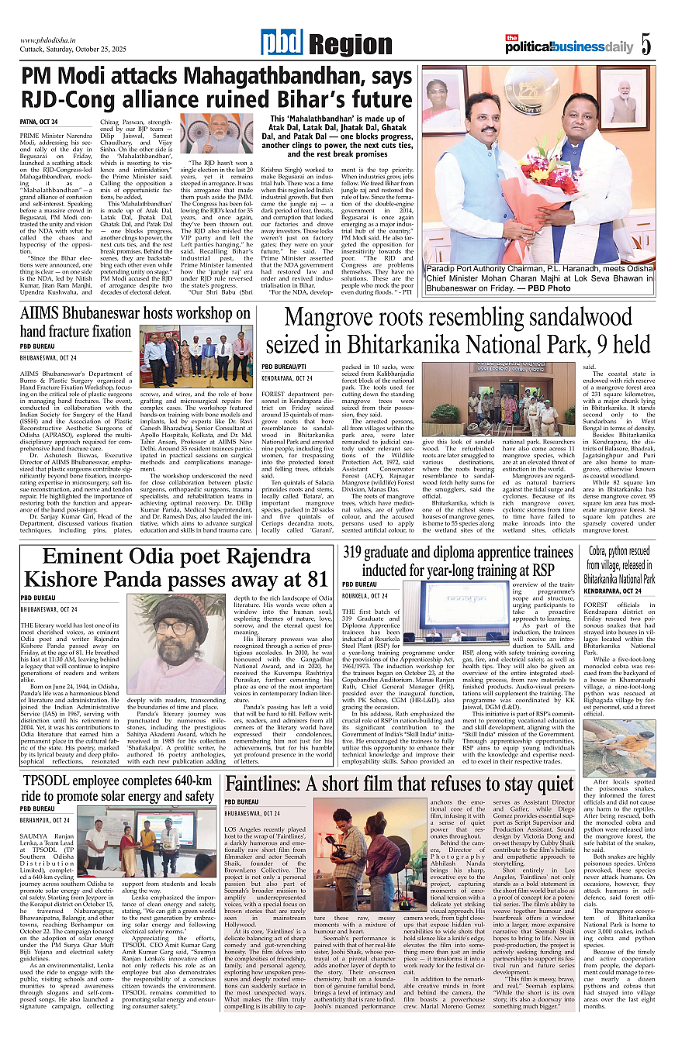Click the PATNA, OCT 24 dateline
[39, 122]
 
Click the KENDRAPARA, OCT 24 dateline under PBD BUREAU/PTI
[288, 377]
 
